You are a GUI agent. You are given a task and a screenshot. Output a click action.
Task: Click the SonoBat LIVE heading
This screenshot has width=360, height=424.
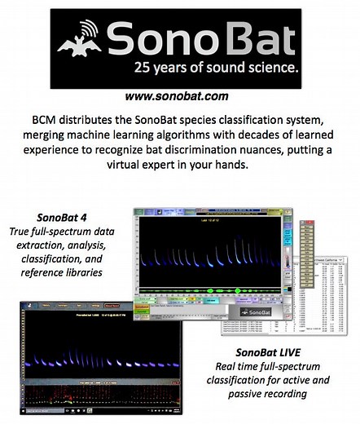coord(273,352)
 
